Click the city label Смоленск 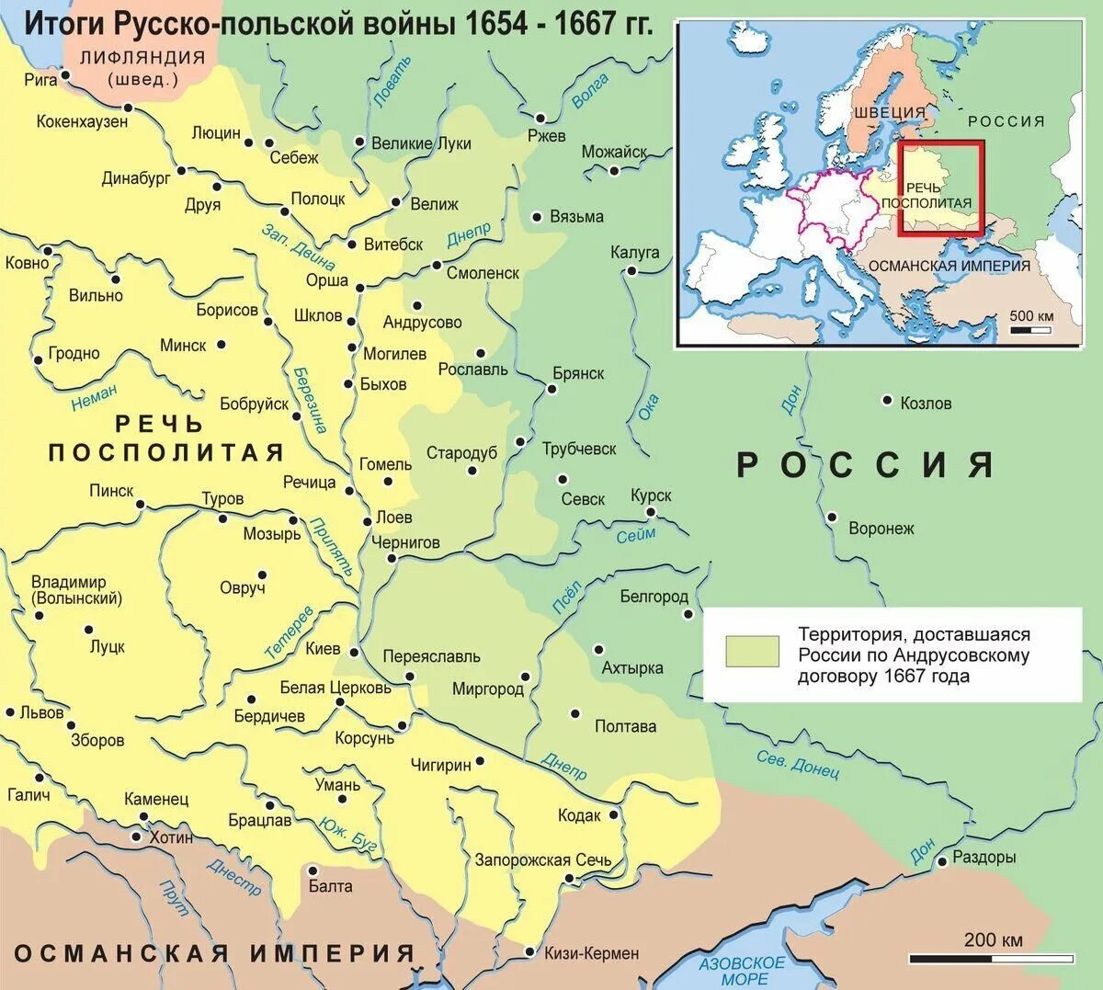click(483, 273)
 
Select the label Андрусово click(422, 323)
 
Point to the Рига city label click(40, 80)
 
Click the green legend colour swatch click(751, 651)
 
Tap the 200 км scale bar click(992, 959)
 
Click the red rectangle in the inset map click(940, 188)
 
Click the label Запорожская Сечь click(542, 860)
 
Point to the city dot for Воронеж click(832, 517)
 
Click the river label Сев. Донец click(798, 763)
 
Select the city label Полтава click(625, 726)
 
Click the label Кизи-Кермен click(591, 953)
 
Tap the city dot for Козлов click(887, 400)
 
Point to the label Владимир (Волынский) click(76, 590)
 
